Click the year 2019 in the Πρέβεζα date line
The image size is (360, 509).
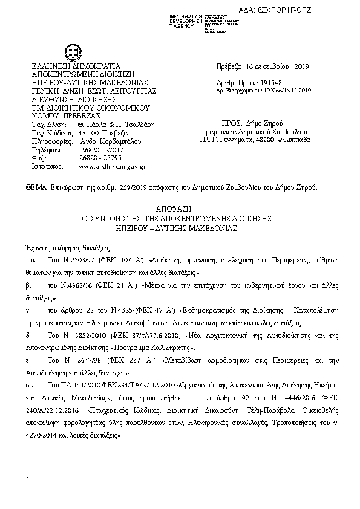(301, 66)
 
